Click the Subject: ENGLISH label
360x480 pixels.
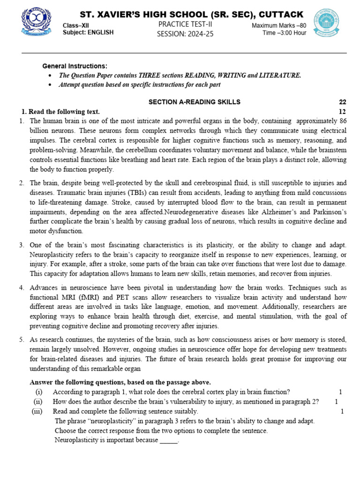(88, 32)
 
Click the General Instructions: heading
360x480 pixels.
(75, 66)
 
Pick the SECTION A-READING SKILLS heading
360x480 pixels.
(194, 102)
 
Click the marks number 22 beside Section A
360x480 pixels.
(342, 102)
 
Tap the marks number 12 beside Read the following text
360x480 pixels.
(342, 112)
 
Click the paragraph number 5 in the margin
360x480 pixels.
(21, 339)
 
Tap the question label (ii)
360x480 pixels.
(38, 401)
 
